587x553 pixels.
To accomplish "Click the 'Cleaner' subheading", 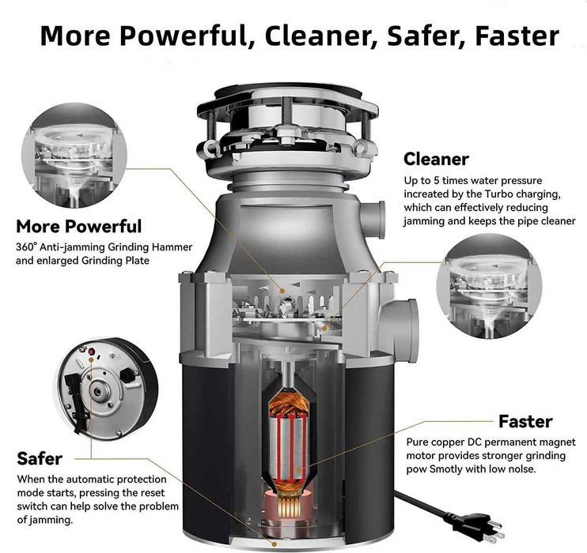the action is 436,160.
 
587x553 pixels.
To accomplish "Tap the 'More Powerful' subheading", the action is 79,227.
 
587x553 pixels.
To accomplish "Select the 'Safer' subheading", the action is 40,459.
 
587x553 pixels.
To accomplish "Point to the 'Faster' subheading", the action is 525,422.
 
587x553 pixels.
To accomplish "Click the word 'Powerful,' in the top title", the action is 187,36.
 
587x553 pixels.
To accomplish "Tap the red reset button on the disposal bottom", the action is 91,352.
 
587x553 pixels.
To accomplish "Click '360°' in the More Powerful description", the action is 27,247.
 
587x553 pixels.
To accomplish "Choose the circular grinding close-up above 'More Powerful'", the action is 74,156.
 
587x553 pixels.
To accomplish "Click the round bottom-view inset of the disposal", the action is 107,389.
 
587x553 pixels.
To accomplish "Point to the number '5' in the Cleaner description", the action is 436,181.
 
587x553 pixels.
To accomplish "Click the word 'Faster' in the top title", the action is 517,36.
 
